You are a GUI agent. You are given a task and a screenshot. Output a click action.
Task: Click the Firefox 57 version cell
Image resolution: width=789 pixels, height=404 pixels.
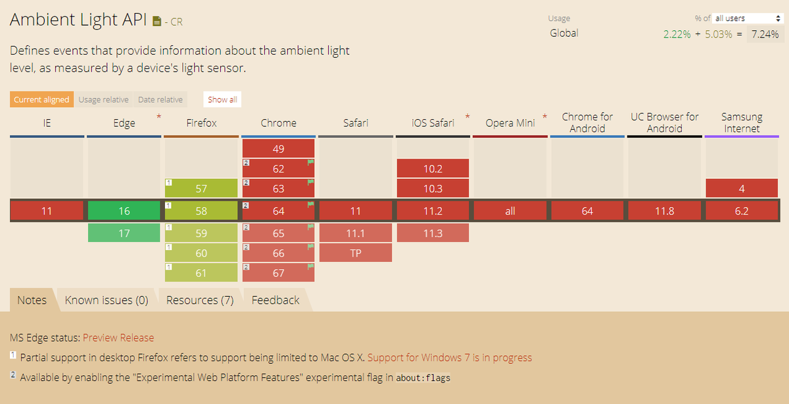pos(201,189)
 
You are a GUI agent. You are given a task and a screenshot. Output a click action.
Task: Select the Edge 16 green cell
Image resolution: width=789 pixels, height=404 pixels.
pos(124,211)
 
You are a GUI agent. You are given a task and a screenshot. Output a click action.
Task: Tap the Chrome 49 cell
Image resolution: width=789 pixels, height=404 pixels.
pos(278,149)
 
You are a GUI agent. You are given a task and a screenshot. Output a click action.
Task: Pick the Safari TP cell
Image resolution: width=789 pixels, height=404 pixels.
pos(355,253)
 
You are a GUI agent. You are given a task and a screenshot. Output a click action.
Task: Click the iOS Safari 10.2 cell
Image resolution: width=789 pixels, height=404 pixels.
pos(433,168)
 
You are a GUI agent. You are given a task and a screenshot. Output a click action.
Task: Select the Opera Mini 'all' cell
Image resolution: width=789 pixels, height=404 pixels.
pos(510,211)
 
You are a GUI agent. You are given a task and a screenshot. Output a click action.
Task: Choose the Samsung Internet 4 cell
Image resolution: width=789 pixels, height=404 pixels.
pos(742,189)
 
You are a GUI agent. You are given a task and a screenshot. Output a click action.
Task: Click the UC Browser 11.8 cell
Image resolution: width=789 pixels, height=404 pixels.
pos(664,211)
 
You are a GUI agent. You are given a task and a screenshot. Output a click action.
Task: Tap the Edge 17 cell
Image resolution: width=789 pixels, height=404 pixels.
pos(124,233)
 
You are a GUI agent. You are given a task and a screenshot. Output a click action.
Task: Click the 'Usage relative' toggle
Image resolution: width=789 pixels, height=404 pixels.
pos(103,100)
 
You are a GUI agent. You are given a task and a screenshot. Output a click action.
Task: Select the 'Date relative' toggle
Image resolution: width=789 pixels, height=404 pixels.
pos(160,100)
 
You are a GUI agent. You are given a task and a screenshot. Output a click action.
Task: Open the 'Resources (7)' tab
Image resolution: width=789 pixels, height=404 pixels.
pos(200,300)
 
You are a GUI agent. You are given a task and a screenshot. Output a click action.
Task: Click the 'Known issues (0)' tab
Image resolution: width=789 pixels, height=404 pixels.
pos(107,300)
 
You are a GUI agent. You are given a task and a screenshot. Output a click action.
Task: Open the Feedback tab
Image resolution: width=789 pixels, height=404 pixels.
pos(275,300)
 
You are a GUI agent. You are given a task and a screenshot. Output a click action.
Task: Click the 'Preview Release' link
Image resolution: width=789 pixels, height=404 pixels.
pos(118,338)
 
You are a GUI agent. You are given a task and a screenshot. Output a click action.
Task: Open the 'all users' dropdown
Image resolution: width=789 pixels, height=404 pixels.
pos(748,18)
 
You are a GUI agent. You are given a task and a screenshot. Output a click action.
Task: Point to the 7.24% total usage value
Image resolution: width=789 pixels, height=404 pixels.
pos(765,34)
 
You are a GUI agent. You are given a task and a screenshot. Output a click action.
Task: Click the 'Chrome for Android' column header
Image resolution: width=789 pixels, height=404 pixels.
pos(587,122)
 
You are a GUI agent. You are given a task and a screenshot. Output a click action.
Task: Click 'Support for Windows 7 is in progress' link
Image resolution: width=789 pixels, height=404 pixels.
pos(450,358)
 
